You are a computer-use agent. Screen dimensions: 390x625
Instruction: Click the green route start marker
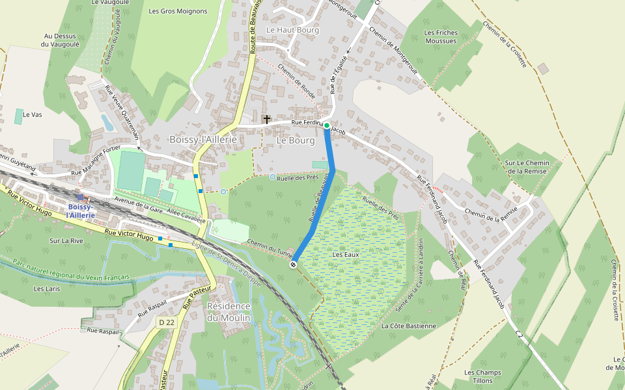click(327, 125)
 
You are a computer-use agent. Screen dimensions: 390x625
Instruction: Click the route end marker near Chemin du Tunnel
click(293, 264)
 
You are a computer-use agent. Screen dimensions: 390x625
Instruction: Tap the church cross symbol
click(266, 119)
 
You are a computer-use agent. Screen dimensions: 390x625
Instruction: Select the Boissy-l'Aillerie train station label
click(81, 211)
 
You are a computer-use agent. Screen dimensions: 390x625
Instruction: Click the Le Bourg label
click(296, 140)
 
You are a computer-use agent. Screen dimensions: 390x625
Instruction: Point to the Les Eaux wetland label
click(346, 255)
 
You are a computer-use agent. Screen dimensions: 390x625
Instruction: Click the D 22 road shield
click(167, 322)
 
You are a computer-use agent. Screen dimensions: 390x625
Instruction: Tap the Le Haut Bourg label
click(292, 30)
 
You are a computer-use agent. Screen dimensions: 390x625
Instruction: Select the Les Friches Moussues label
click(441, 36)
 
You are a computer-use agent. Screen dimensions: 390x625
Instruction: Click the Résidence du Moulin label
click(229, 311)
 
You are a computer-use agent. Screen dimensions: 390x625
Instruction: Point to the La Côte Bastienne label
click(409, 326)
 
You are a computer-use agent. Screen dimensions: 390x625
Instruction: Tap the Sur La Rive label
click(66, 240)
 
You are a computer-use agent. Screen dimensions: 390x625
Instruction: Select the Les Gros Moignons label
click(178, 11)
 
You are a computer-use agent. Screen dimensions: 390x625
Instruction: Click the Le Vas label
click(32, 114)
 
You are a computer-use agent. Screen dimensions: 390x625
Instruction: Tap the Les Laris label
click(47, 289)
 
